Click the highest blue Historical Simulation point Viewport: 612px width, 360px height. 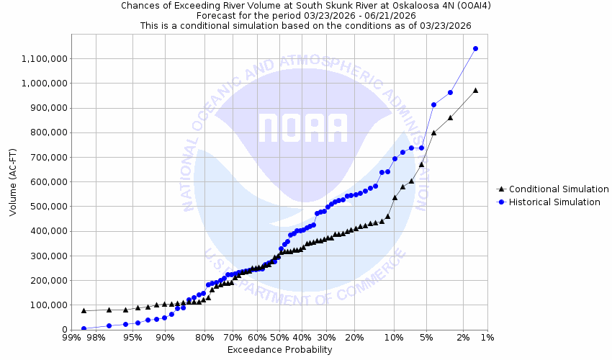click(475, 49)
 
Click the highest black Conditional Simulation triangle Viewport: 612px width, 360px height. click(475, 91)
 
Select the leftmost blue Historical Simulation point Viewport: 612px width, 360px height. click(84, 328)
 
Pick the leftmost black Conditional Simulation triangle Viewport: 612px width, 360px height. click(84, 310)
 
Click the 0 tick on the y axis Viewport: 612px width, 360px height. click(65, 330)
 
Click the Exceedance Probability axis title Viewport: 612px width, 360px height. click(279, 350)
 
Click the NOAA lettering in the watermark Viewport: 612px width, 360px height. click(302, 127)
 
